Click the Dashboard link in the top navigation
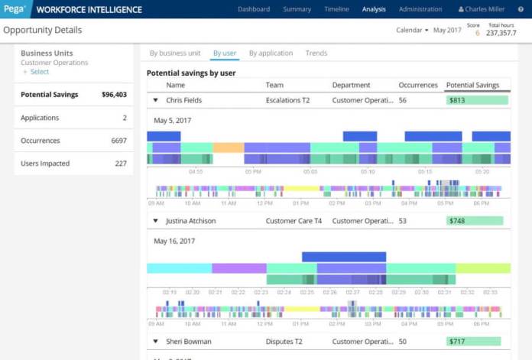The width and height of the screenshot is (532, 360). (x=254, y=9)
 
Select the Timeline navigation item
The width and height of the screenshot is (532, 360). (x=336, y=9)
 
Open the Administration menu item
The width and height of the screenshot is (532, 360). (x=420, y=9)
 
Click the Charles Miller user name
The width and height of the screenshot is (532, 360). (x=485, y=9)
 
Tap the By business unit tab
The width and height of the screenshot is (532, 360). (x=175, y=54)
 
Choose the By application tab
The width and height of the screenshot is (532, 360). (x=271, y=54)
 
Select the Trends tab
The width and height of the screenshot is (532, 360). (x=316, y=54)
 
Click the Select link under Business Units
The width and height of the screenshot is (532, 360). (x=39, y=72)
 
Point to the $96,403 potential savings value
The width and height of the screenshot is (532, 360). (x=114, y=95)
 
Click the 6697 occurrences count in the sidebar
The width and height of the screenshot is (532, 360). (x=118, y=141)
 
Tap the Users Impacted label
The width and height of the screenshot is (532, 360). (x=45, y=164)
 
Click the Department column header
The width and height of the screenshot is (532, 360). (x=351, y=85)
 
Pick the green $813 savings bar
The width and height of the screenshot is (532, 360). (x=477, y=100)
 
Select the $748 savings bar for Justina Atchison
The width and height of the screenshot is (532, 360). (x=475, y=221)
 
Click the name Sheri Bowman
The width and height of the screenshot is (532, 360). (x=189, y=342)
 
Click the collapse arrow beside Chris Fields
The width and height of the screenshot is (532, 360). (x=156, y=100)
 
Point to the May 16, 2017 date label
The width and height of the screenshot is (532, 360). (x=176, y=241)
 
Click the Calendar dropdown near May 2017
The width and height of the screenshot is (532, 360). (x=412, y=31)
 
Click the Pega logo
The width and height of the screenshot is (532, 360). (x=14, y=9)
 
